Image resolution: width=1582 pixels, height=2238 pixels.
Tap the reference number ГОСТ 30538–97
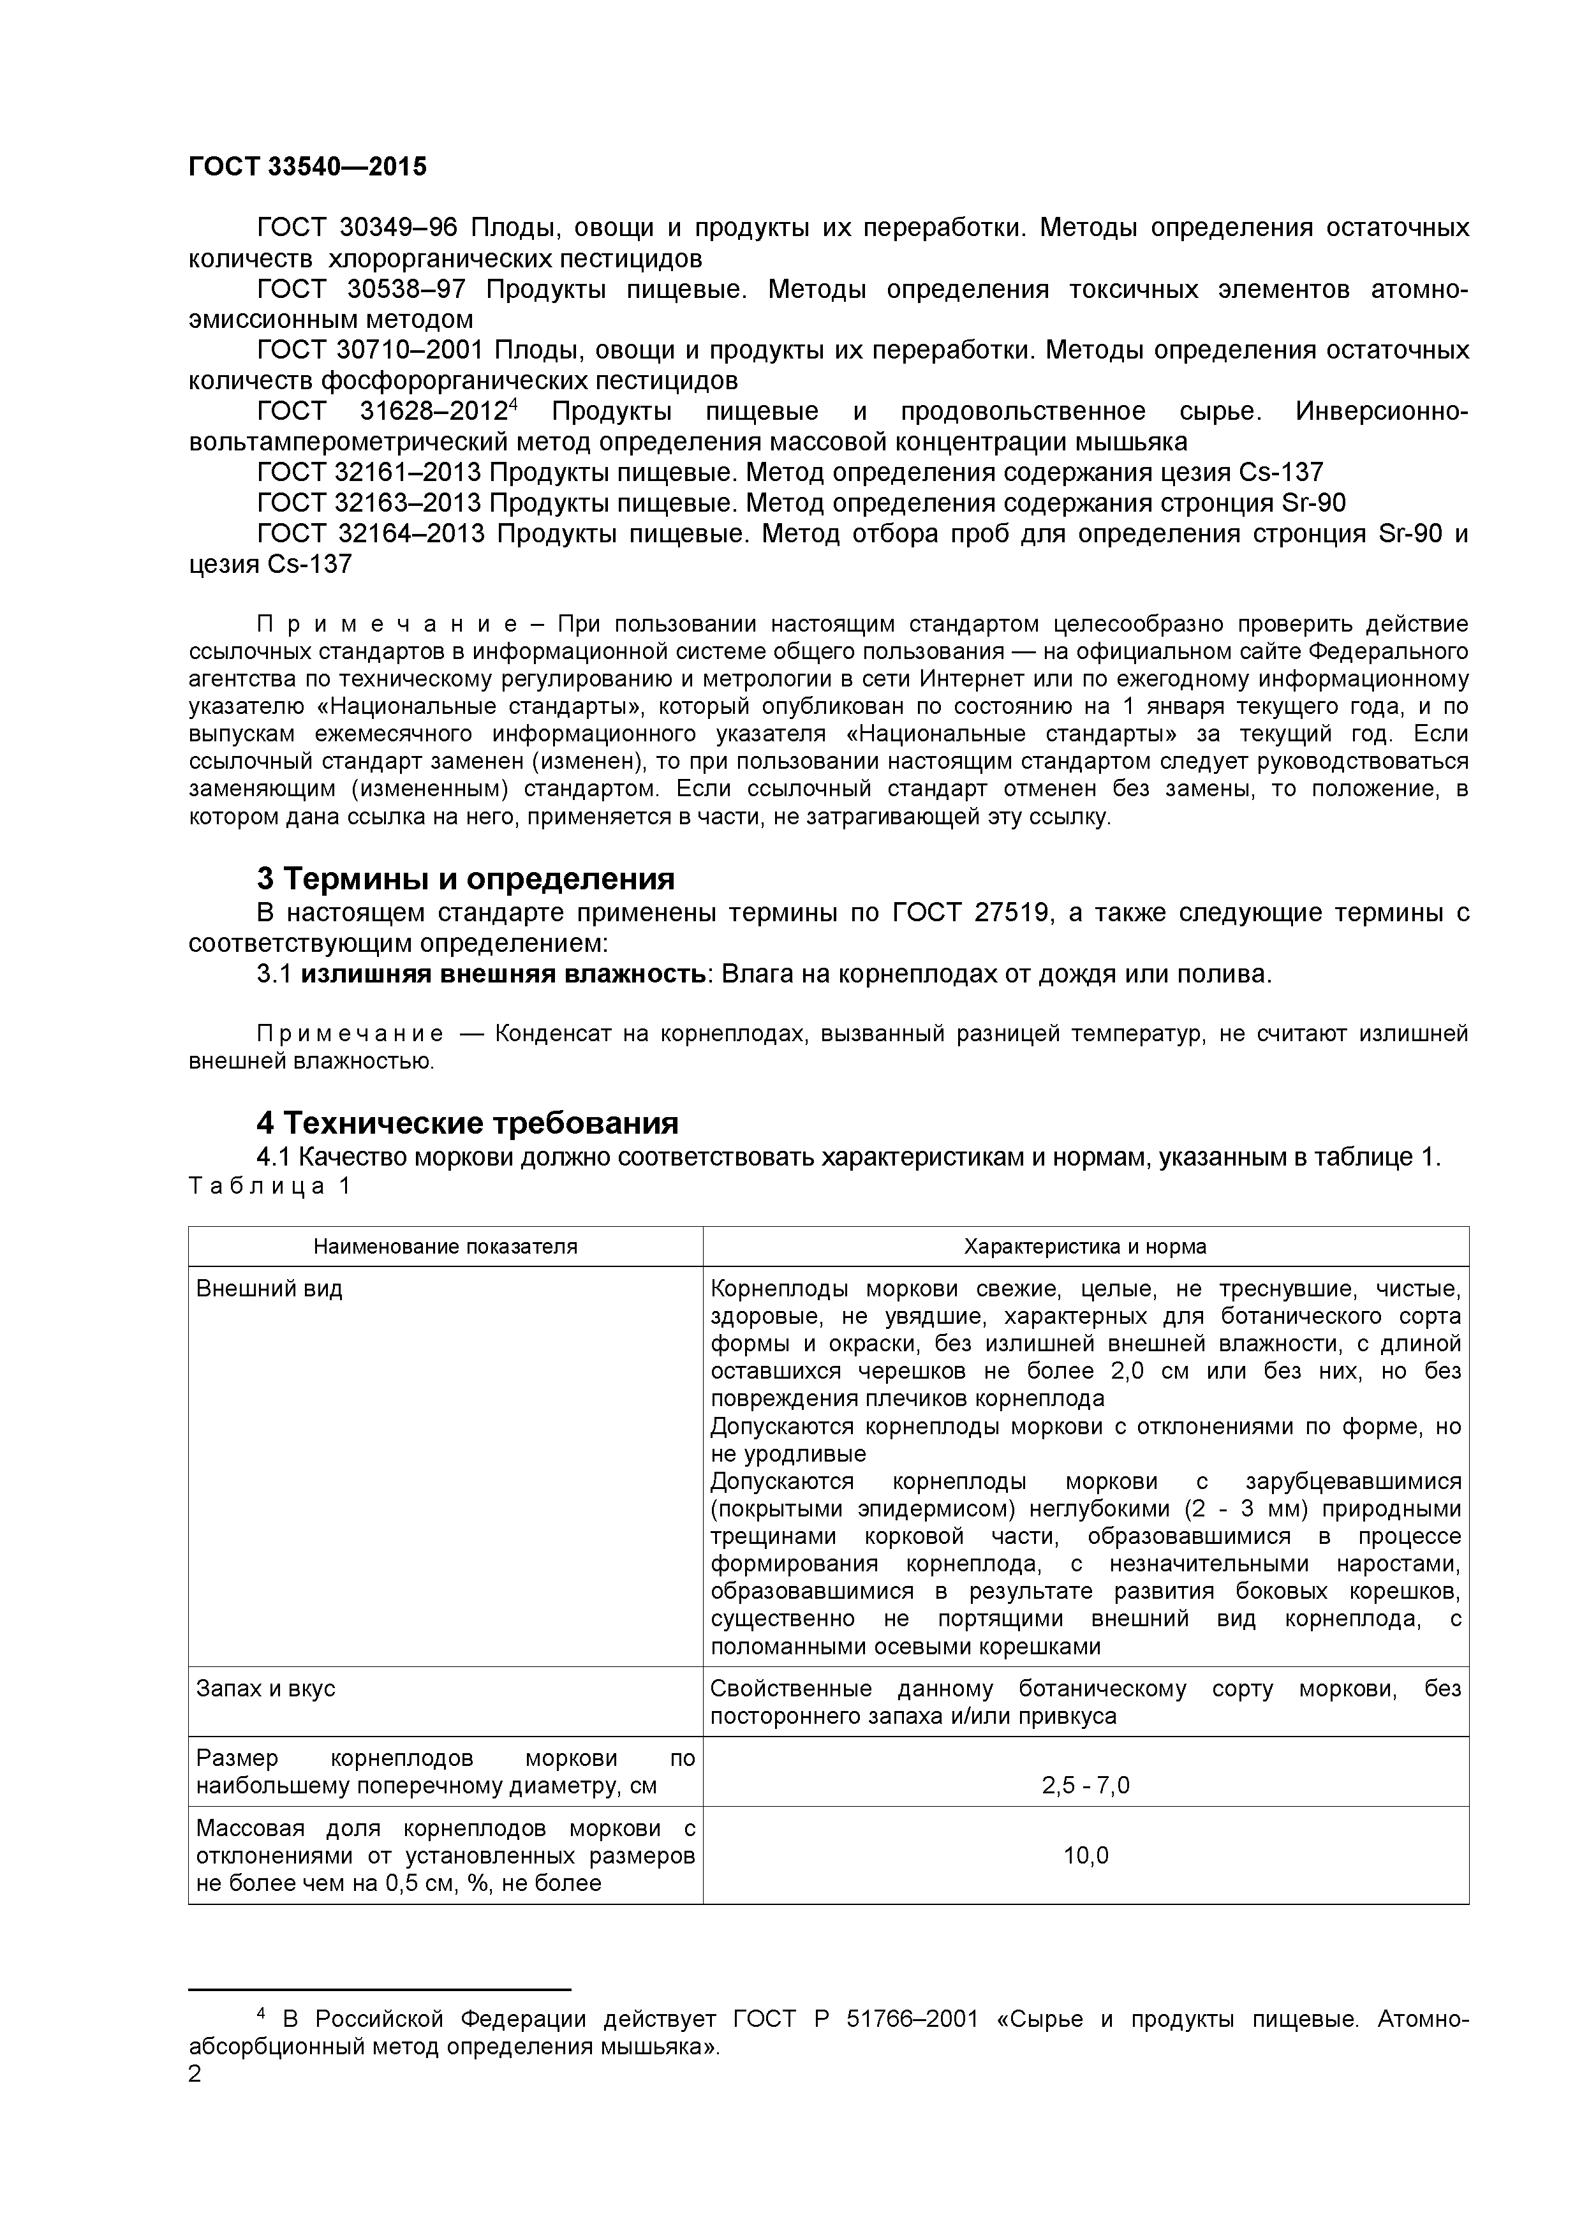point(360,290)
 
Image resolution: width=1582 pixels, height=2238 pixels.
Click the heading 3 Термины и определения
point(465,878)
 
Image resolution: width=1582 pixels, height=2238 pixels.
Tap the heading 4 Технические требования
point(467,1123)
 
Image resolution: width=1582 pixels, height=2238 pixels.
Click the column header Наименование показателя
point(445,1247)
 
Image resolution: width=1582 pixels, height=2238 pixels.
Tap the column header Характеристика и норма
point(1085,1247)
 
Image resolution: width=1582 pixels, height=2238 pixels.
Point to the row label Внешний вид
point(269,1289)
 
